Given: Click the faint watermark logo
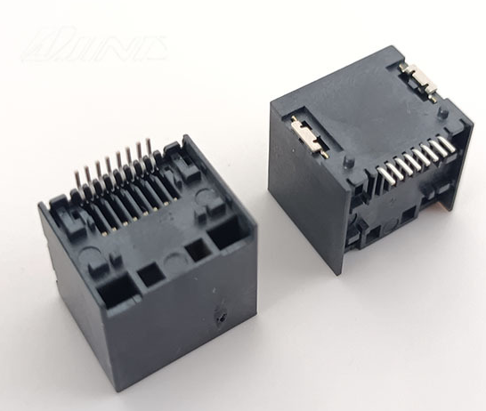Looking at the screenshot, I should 93,43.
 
